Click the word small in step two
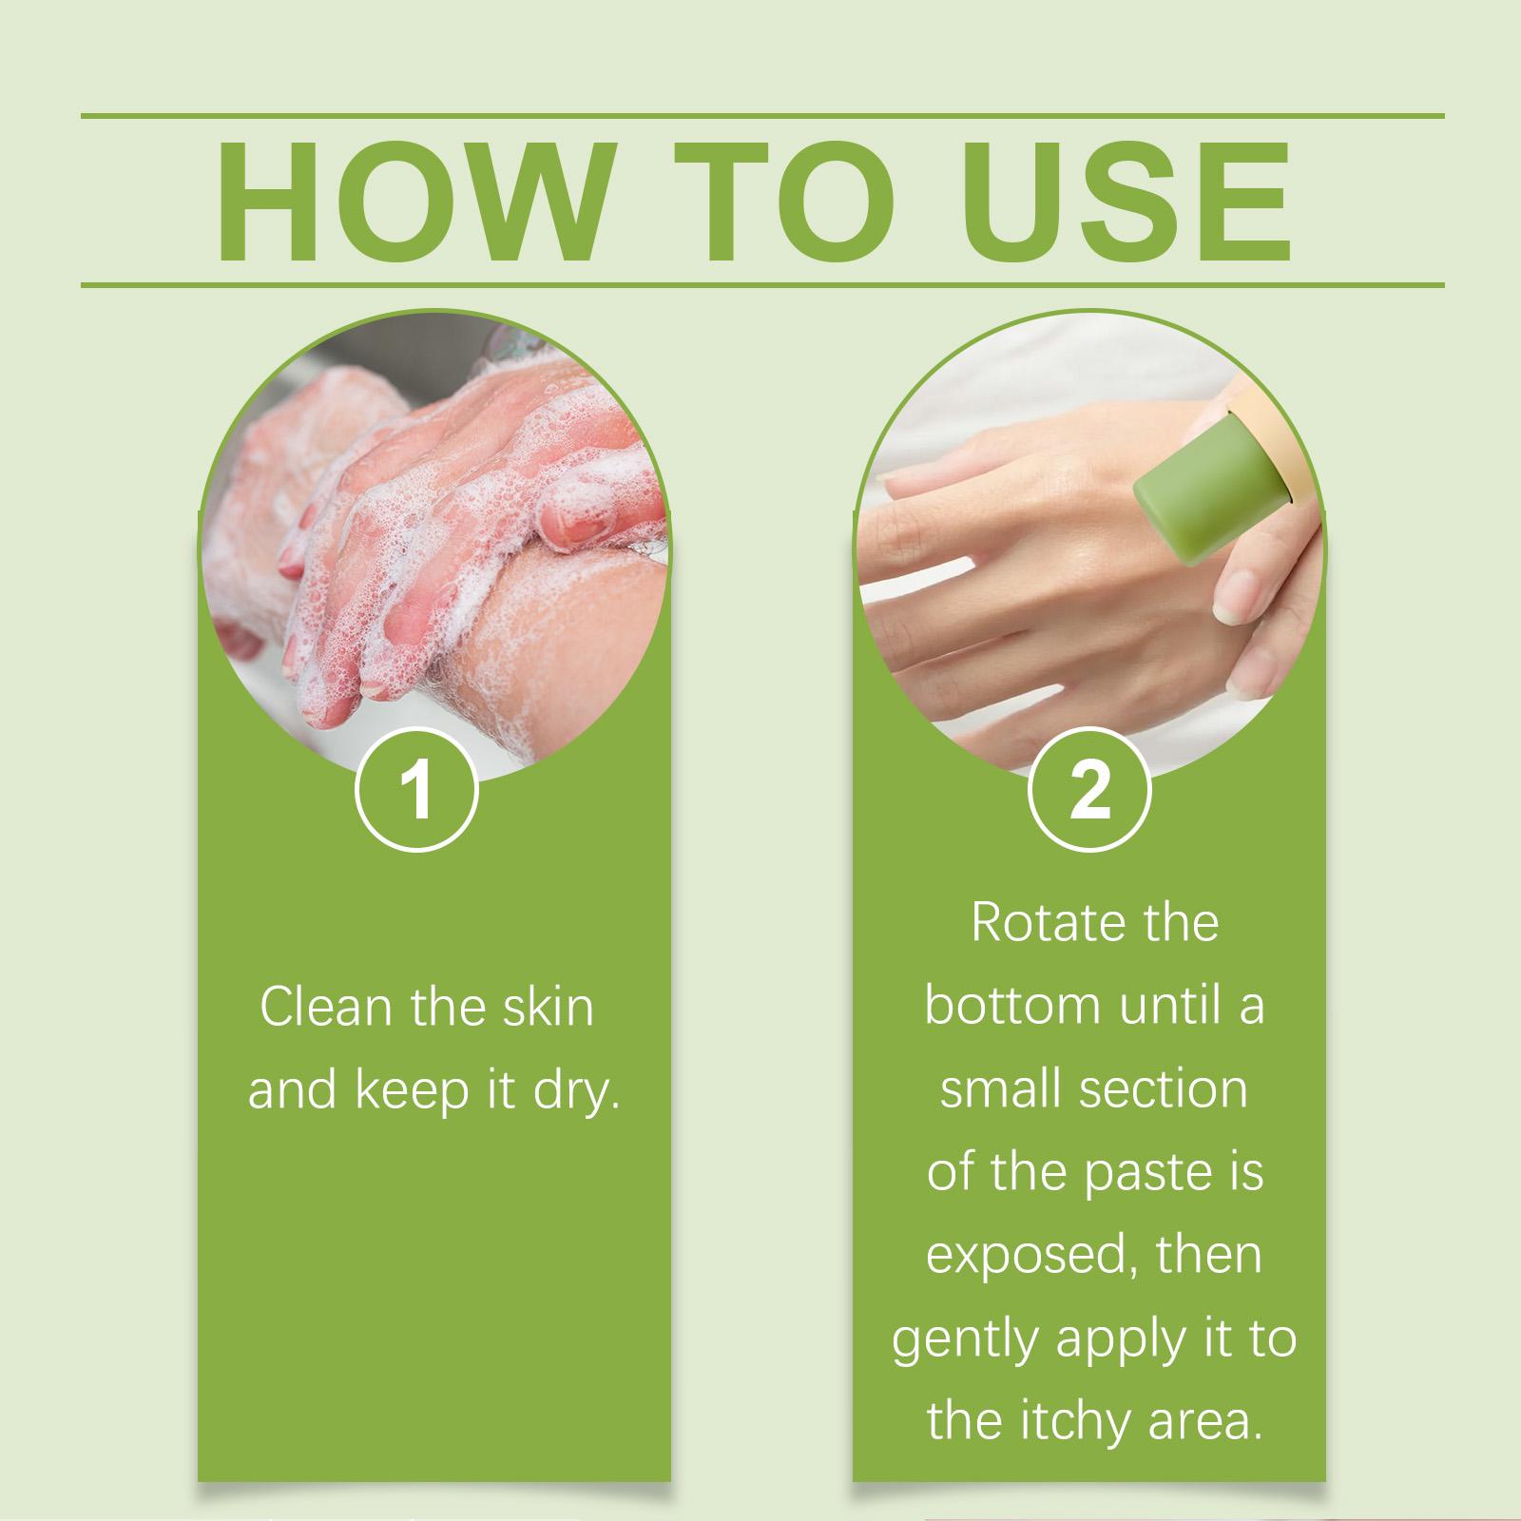coord(997,1088)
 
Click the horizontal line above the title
coord(760,116)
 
